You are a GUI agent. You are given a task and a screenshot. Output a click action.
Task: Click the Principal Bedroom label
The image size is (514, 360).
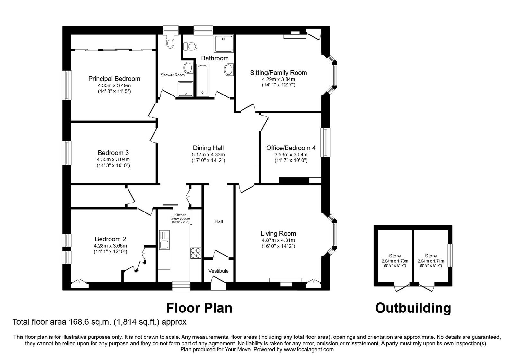[x=114, y=79]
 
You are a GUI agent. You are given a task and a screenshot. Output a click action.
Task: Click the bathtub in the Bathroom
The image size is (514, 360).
[x=203, y=80]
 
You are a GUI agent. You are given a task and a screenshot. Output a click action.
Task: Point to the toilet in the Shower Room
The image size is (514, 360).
[x=170, y=42]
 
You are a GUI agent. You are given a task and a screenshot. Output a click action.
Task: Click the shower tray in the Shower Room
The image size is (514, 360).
[x=186, y=89]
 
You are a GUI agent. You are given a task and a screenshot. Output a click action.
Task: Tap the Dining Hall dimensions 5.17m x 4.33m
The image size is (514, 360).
[x=208, y=155]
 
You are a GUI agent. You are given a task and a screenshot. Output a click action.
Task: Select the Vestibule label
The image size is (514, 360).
[x=218, y=271]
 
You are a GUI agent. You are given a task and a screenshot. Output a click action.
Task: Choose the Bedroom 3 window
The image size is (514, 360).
[x=67, y=153]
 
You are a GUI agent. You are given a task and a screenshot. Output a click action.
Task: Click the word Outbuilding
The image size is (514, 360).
[x=413, y=308]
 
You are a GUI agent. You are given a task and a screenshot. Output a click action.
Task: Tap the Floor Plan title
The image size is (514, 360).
[x=199, y=308]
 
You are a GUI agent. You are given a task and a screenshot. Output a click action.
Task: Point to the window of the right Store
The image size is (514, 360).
[x=450, y=256]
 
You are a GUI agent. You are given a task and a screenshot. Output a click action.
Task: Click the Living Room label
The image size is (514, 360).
[x=278, y=234]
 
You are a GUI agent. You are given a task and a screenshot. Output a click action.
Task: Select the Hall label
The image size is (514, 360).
[x=218, y=221]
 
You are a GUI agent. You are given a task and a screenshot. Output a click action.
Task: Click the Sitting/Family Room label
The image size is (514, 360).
[x=279, y=73]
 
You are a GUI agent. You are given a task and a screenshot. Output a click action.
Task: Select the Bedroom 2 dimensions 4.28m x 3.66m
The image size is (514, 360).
[x=110, y=246]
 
